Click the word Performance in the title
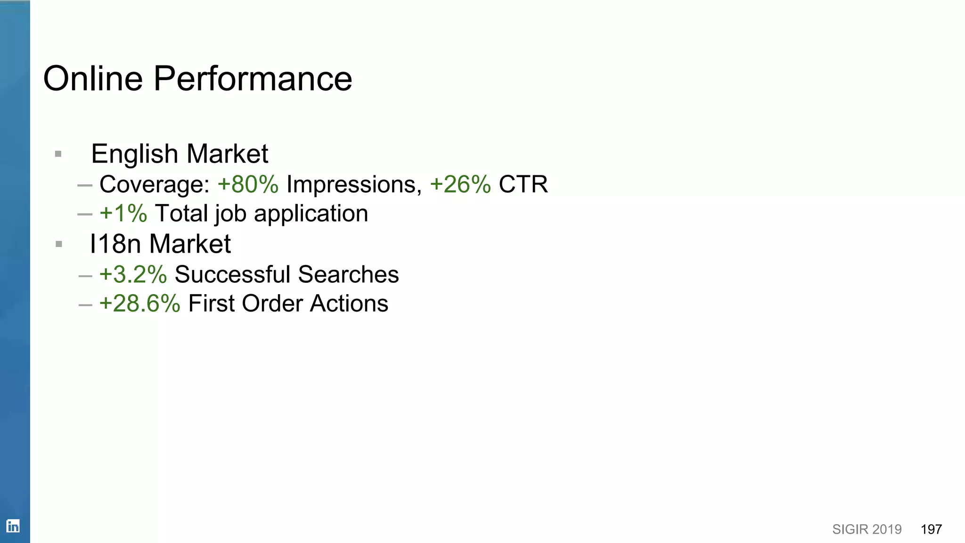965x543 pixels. coord(253,78)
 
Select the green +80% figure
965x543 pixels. coord(248,184)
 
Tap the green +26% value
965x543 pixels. coord(460,184)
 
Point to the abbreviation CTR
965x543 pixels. coord(523,184)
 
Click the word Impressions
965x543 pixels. coord(353,184)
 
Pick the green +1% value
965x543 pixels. coord(123,214)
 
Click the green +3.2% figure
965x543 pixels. coord(133,275)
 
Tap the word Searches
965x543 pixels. coord(348,275)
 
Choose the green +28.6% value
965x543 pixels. coord(139,304)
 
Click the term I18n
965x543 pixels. coord(115,244)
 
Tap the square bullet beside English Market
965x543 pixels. coord(58,154)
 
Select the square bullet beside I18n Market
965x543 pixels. coord(59,244)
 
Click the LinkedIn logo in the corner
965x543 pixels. coord(13,526)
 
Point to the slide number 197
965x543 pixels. coord(931,529)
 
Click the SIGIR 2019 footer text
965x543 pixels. coord(867,529)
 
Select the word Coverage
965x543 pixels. coord(154,184)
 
